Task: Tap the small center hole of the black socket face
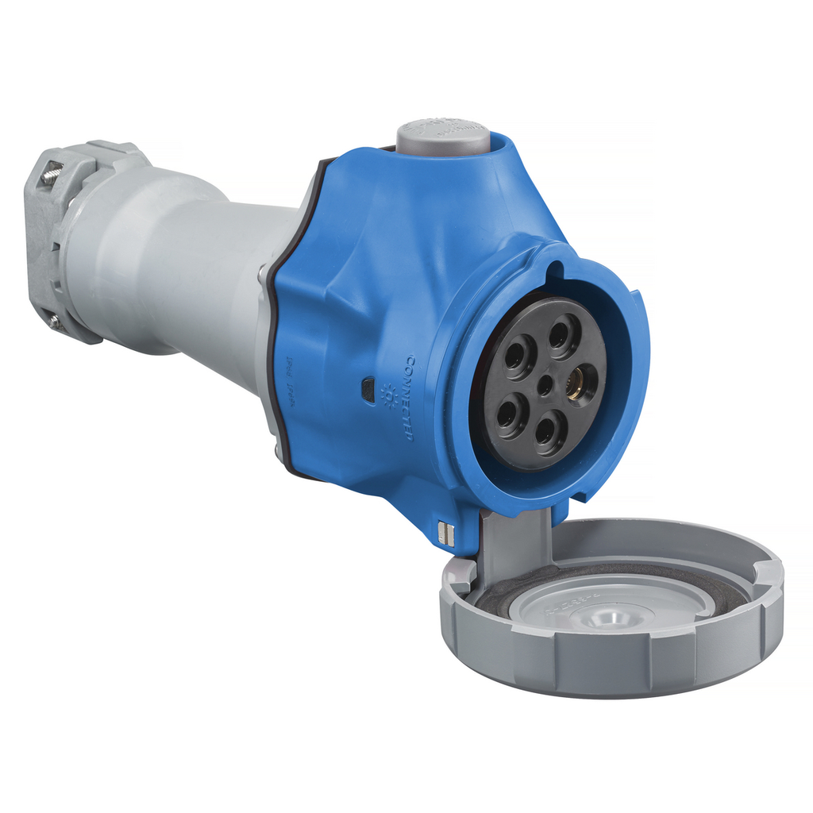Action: (x=545, y=386)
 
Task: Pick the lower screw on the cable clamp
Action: (x=53, y=321)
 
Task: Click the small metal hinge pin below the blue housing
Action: (x=445, y=533)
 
